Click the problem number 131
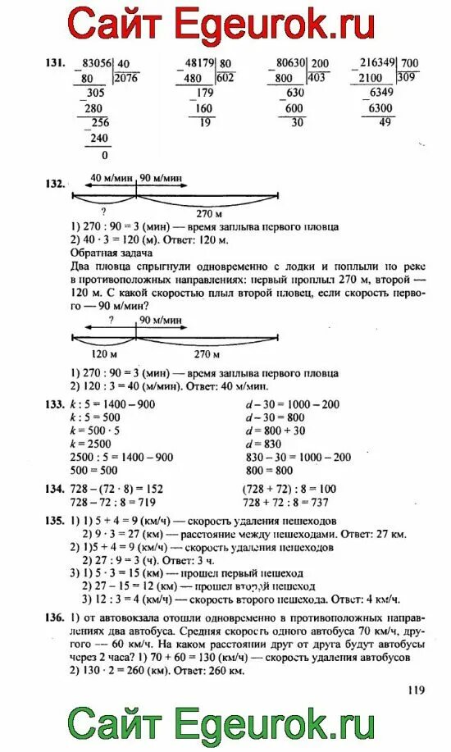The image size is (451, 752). pos(54,63)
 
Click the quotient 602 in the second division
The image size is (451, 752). pos(226,78)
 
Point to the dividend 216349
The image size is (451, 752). pos(372,63)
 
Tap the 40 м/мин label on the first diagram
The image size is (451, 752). pos(106,177)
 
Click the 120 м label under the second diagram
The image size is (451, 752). pos(104,354)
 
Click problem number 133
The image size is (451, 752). pos(54,404)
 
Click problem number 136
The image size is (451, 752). pos(54,617)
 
